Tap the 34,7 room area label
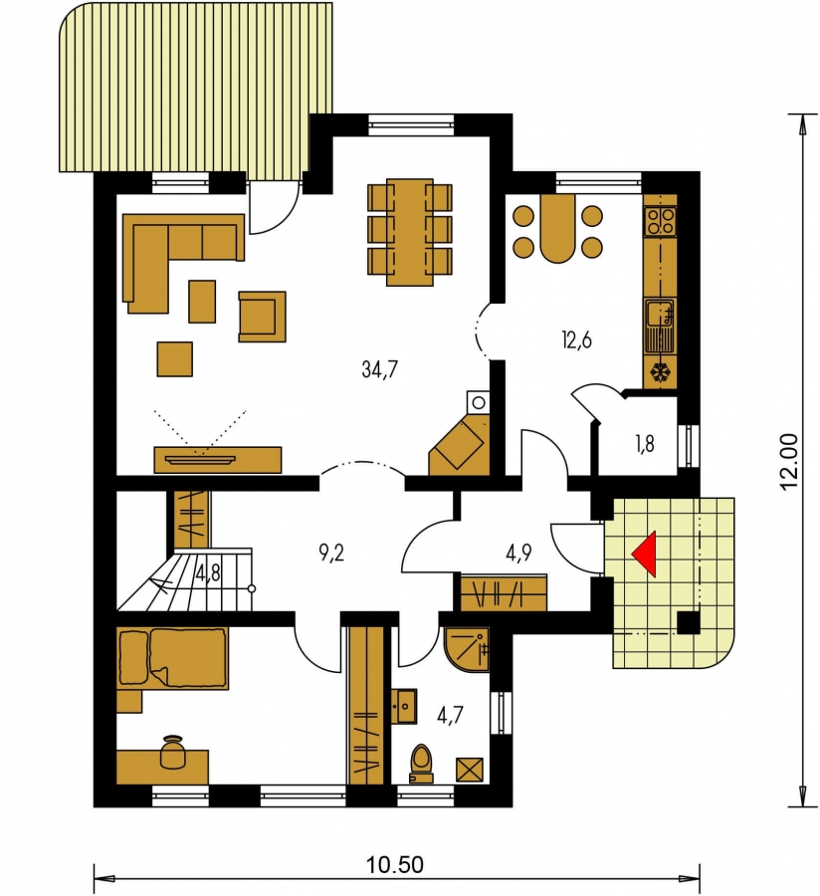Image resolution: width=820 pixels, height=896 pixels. [x=380, y=369]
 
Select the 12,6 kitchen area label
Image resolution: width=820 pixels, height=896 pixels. [x=576, y=340]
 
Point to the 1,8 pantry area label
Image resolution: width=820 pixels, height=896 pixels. [x=645, y=444]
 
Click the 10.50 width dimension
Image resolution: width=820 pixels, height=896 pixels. [x=395, y=864]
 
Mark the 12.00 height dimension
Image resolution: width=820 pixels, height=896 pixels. [x=788, y=461]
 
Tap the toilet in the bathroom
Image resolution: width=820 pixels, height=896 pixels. [x=421, y=763]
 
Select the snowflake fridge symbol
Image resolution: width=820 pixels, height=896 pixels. [x=660, y=372]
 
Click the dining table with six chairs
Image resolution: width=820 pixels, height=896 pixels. [x=409, y=232]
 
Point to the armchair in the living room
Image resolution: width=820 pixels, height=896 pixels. [x=262, y=317]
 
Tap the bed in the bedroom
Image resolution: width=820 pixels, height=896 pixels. [x=172, y=657]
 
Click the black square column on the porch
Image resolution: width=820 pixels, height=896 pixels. [x=688, y=623]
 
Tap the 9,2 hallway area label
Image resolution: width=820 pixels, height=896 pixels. [x=331, y=553]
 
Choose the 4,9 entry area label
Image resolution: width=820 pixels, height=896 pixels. [x=519, y=554]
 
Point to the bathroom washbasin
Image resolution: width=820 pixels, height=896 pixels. [x=404, y=706]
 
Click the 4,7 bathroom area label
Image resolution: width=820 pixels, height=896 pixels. [x=450, y=715]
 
